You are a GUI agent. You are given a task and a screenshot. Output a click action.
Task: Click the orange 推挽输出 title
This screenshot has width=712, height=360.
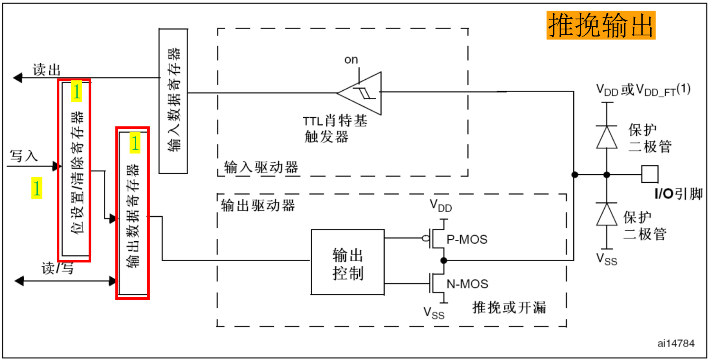600,25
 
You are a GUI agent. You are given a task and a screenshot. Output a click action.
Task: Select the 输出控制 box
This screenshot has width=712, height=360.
348,262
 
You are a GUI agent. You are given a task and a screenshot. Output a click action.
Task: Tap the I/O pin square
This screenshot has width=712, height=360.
650,174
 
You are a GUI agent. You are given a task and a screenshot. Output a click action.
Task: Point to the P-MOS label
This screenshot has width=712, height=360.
467,240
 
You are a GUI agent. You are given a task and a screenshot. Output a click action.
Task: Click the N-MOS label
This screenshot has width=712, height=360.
467,284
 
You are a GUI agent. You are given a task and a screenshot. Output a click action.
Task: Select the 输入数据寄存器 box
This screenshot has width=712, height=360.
173,101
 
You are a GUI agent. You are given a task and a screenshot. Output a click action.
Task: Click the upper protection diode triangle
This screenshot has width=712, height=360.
607,137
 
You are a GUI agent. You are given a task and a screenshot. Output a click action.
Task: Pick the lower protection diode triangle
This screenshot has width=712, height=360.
607,215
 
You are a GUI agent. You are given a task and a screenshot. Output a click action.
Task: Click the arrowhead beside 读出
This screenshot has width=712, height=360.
18,78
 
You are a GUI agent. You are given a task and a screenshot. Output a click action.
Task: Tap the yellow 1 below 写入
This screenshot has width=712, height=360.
37,188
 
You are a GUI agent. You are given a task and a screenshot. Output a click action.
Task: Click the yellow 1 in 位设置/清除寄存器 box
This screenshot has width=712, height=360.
76,91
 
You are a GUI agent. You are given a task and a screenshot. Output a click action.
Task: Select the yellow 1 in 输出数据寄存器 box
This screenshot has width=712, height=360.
135,143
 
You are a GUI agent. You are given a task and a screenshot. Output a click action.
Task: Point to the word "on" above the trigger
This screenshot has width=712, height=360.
351,60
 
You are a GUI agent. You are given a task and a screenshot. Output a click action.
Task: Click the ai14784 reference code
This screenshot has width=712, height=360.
676,343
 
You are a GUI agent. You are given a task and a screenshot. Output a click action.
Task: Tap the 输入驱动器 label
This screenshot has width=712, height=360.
261,167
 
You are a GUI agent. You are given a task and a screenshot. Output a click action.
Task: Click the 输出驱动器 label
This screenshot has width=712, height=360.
258,206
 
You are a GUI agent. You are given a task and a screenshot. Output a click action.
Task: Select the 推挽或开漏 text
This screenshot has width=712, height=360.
509,307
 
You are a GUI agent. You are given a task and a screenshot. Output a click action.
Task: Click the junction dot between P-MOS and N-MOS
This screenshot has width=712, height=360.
444,260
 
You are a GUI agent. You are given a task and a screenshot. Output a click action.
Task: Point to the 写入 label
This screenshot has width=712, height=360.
24,156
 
